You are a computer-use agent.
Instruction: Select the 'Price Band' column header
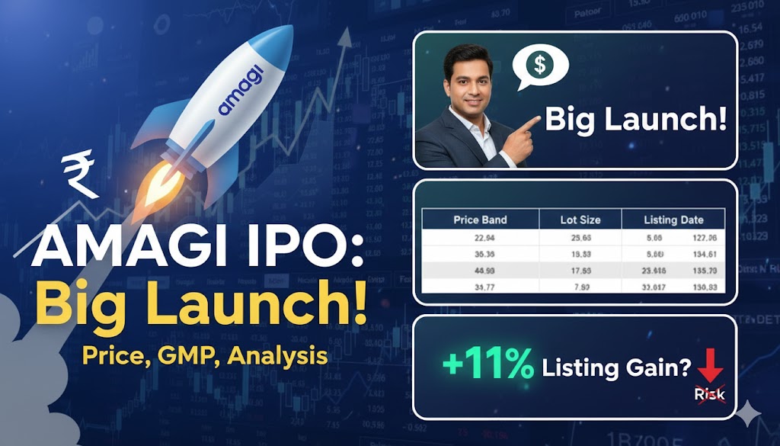tap(480, 220)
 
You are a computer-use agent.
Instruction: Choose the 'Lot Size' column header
tap(580, 220)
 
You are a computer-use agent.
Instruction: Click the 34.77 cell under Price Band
tap(480, 287)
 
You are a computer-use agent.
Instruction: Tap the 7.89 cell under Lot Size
tap(581, 287)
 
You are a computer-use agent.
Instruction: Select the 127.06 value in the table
tap(703, 236)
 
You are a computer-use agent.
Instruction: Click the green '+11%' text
tap(488, 366)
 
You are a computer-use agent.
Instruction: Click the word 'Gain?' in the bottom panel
tap(660, 367)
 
